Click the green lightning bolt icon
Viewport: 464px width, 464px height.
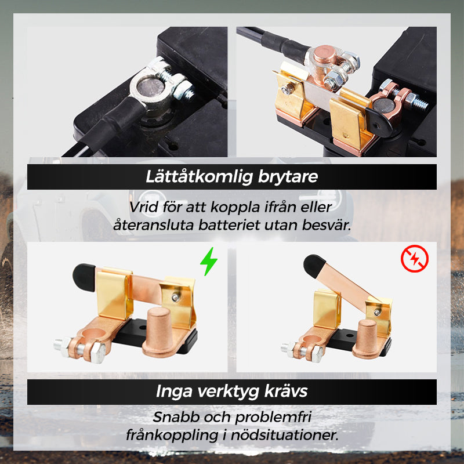209,262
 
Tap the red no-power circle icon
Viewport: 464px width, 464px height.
415,258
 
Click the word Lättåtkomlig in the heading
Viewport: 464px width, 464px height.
200,177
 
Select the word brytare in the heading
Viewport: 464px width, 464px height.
288,177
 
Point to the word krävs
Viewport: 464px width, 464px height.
286,391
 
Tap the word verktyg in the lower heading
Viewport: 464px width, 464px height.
228,392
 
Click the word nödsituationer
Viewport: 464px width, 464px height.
285,435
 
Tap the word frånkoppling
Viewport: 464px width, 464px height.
172,436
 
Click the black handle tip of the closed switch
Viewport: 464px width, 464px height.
84,277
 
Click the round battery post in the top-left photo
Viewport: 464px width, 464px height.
150,88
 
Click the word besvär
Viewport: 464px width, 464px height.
327,225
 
